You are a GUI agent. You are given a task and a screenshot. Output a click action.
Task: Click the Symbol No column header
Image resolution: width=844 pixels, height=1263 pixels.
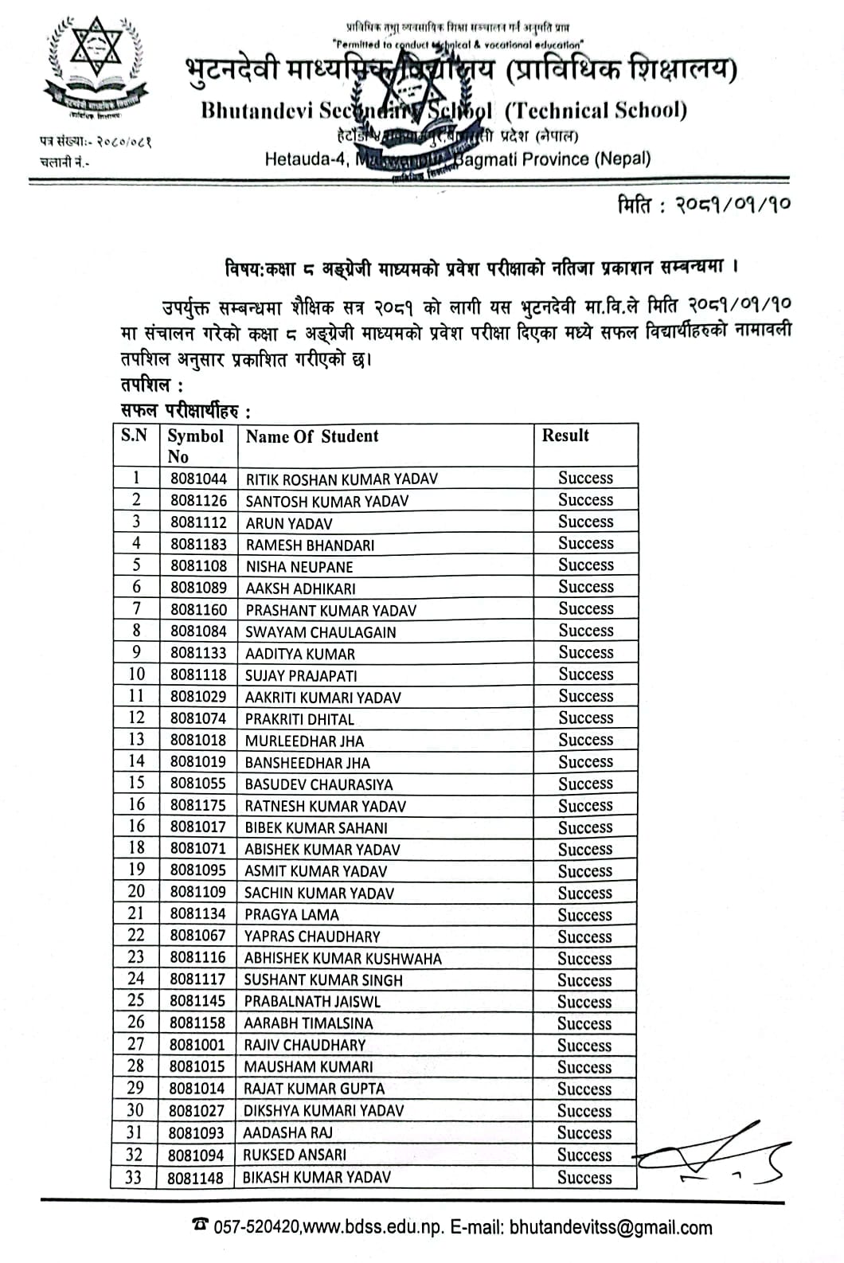(194, 446)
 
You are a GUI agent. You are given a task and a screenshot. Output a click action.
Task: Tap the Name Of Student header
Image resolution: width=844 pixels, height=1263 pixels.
(312, 436)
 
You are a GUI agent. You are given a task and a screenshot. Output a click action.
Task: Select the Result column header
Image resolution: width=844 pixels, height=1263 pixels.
(565, 435)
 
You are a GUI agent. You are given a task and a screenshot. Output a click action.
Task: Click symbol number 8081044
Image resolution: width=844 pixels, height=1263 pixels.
(198, 479)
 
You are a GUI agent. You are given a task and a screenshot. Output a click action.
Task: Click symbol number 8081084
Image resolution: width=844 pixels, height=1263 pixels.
(198, 631)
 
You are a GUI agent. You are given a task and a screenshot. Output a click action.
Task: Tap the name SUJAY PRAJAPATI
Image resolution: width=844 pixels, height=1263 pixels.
(301, 676)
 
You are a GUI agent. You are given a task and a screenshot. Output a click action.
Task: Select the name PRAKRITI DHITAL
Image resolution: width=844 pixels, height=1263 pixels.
(299, 719)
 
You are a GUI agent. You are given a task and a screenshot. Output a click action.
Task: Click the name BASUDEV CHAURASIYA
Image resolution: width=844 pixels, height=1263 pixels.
(318, 784)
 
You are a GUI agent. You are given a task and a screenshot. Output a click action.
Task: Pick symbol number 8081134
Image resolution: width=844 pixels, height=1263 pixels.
(197, 914)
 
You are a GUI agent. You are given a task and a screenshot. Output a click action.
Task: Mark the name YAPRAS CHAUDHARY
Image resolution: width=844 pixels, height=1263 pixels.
(312, 936)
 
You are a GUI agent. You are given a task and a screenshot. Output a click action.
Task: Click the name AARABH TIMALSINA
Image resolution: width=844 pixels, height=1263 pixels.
(308, 1023)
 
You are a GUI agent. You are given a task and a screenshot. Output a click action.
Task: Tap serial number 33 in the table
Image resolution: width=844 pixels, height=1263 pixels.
(134, 1176)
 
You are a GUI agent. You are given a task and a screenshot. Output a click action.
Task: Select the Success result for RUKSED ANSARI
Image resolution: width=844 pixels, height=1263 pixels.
(584, 1155)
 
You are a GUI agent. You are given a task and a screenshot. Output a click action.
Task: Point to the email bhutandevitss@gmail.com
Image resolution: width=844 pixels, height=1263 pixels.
(611, 1227)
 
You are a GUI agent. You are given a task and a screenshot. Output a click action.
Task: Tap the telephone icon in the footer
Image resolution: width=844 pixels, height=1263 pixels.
(200, 1224)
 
